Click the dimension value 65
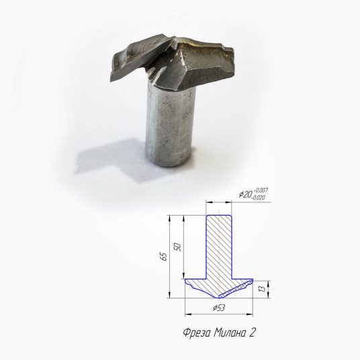pos(164,257)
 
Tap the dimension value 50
pos(179,246)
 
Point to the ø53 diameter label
pos(219,308)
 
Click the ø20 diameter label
pos(245,195)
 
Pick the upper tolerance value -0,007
pos(261,191)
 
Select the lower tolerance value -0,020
pos(259,197)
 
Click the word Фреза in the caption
pos(197,332)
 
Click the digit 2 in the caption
pos(252,332)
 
